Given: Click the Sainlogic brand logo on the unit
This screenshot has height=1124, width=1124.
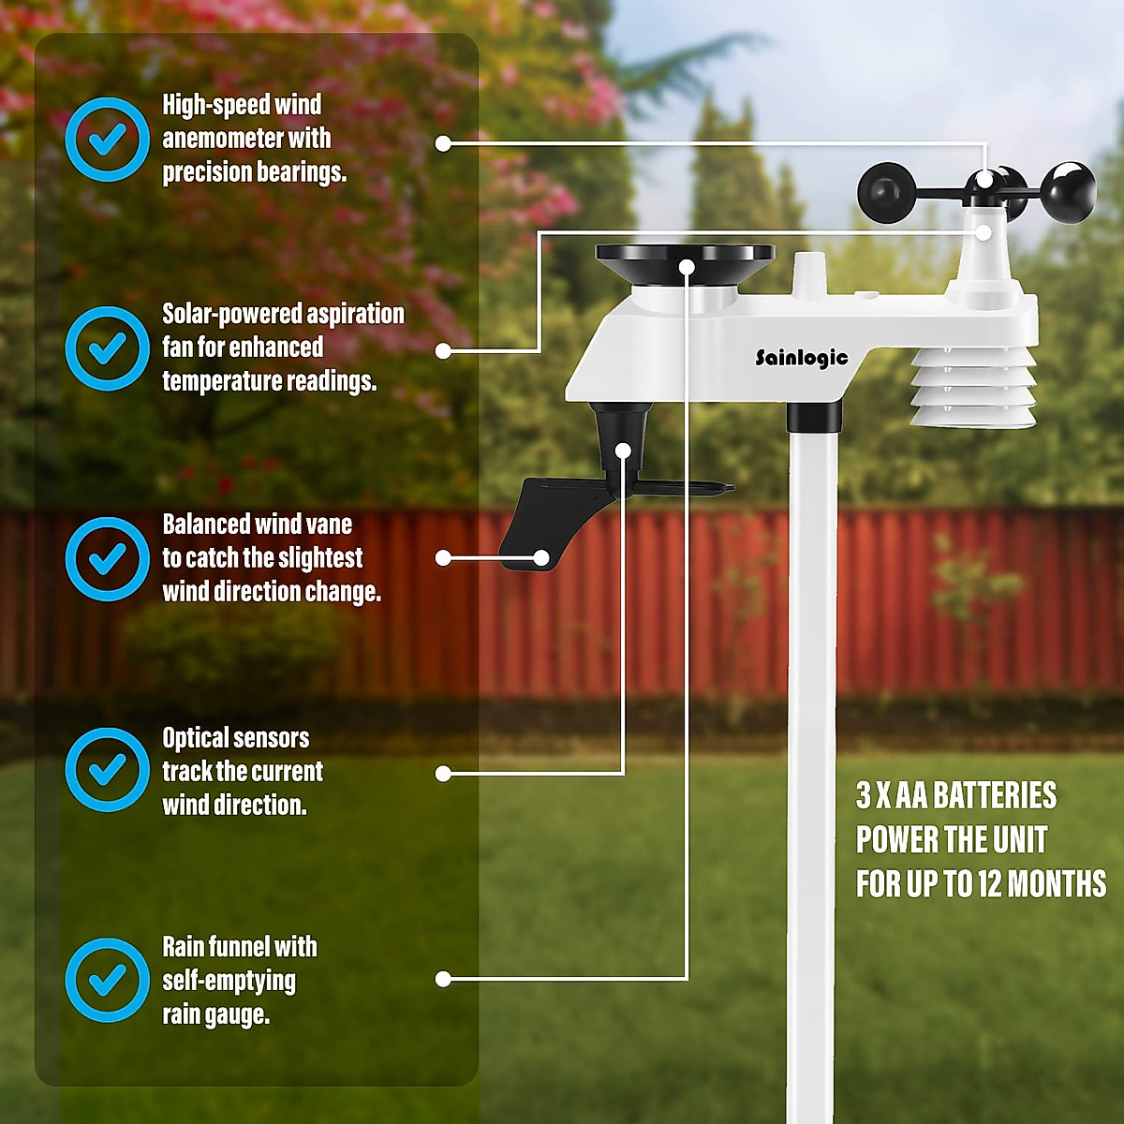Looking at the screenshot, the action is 802,358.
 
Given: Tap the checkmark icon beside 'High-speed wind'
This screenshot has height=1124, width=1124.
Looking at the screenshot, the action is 108,139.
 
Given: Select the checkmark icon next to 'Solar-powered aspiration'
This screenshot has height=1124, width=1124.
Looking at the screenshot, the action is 108,348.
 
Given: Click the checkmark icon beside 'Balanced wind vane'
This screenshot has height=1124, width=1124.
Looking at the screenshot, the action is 108,559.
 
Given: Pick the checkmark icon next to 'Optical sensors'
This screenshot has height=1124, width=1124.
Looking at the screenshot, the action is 108,769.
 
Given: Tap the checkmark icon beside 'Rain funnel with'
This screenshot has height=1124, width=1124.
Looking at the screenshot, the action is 108,980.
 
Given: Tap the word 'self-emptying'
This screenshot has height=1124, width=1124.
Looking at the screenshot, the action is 229,982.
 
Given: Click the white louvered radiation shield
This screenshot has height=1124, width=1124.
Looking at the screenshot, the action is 973,387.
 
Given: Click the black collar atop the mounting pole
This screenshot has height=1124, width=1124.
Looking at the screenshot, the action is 814,415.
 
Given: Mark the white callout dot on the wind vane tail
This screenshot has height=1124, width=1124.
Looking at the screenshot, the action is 541,558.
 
